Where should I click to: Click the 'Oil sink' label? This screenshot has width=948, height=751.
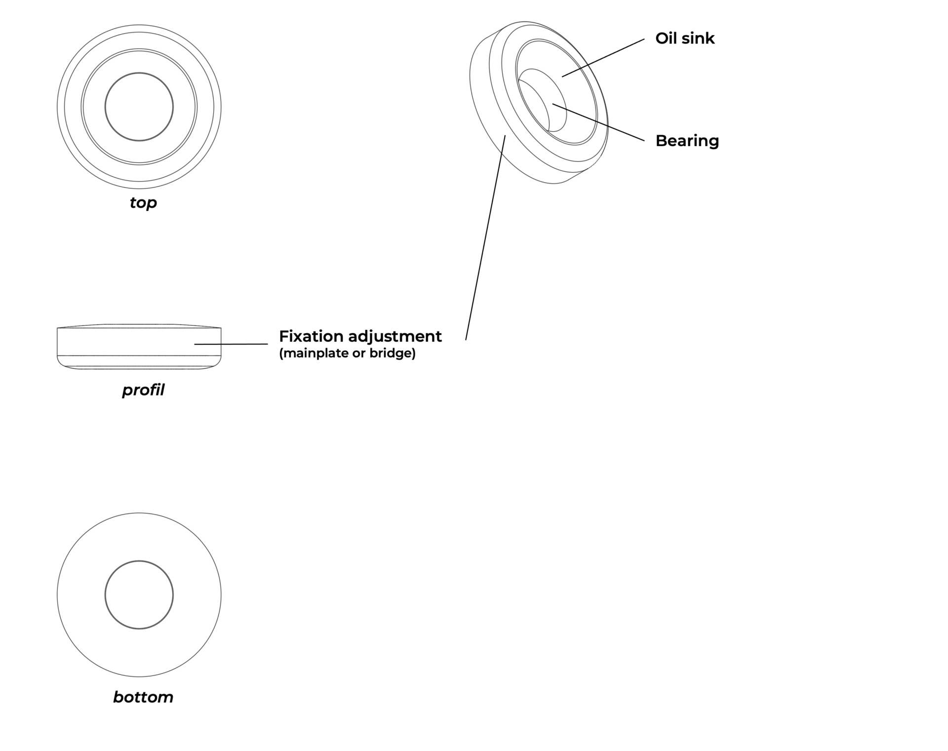pos(684,39)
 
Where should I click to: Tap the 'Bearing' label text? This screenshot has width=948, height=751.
pos(687,141)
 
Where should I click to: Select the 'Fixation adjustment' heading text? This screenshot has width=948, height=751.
pos(360,336)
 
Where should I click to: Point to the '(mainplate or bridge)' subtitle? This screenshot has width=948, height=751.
pos(347,353)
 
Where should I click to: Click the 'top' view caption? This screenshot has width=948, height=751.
pos(143,202)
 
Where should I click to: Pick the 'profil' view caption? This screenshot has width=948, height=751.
pos(143,390)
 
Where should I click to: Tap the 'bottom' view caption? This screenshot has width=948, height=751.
pos(143,697)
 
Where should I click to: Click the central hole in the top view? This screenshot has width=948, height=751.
pos(139,107)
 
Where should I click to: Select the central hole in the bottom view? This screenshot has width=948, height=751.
pos(139,594)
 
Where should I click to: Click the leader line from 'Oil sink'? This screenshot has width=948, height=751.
pos(603,58)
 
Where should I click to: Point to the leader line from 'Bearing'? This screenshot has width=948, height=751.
pos(598,122)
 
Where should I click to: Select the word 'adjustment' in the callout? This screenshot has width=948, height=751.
pos(395,336)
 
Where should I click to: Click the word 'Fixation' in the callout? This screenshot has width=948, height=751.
pos(312,336)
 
